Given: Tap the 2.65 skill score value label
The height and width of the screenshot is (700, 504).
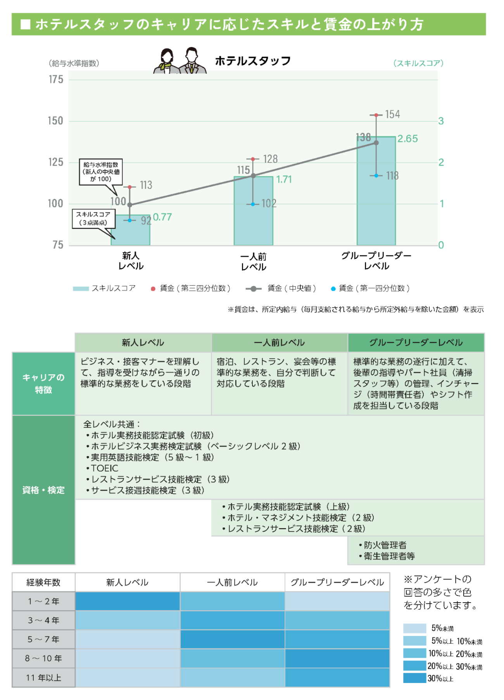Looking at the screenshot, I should point(407,139).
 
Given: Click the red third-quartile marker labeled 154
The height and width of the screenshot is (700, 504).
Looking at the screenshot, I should point(376,115).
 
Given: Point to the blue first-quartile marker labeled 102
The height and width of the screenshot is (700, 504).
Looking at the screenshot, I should point(253,204).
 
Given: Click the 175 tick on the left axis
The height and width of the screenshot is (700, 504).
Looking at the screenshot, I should point(56,80).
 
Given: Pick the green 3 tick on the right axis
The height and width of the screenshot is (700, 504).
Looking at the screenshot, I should point(441,121).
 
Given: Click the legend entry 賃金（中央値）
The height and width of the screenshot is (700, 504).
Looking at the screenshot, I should point(281,288).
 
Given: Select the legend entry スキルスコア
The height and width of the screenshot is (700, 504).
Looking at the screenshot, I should point(104,288).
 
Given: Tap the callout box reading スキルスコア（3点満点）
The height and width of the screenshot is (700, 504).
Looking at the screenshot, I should point(93,218).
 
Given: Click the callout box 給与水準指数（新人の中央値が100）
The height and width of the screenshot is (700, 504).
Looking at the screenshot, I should point(101,172).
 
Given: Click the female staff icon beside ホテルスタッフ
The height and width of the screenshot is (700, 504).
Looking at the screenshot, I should point(167,61).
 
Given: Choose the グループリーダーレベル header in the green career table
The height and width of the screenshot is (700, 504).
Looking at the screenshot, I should point(416,343).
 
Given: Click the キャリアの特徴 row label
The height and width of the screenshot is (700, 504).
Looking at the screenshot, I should point(43,383).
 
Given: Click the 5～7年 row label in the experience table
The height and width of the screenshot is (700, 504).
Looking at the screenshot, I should point(43,639).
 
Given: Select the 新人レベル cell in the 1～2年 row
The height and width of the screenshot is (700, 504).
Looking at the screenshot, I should point(128,601).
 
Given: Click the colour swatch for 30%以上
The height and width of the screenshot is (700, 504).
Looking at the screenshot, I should point(414,678).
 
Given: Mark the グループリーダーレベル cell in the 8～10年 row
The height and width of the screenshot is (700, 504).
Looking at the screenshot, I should point(337,658).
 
